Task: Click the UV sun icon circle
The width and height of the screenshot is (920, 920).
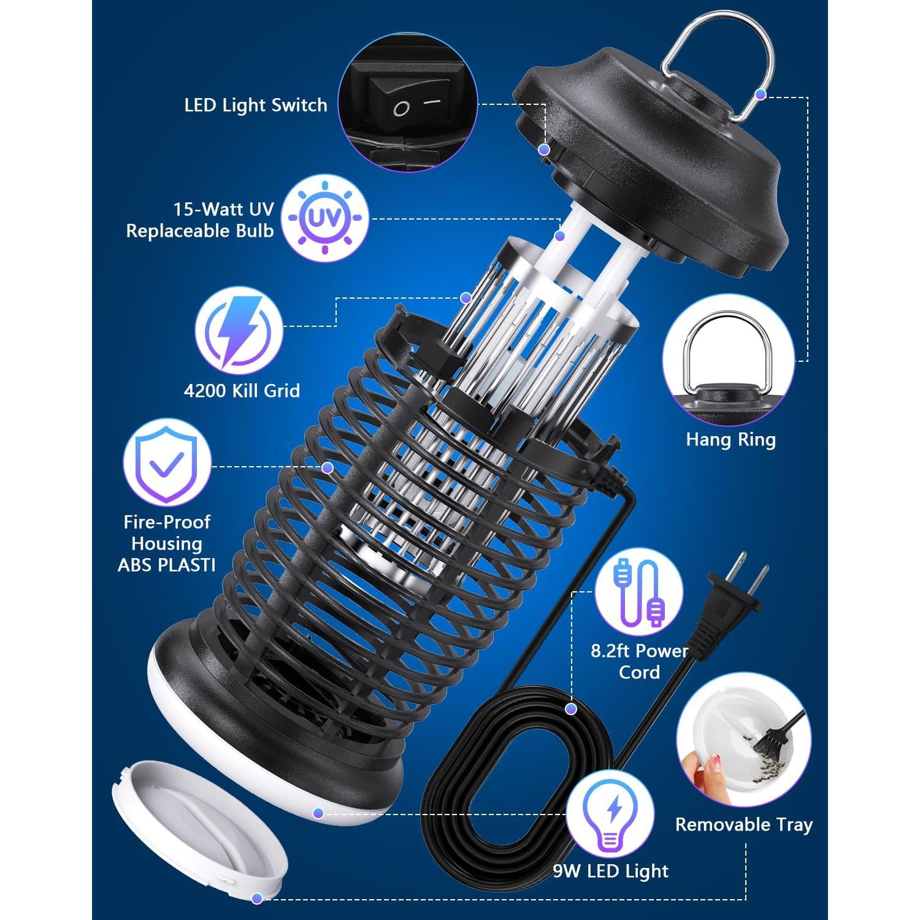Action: click(325, 218)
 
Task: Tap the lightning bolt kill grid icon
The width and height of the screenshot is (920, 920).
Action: click(239, 331)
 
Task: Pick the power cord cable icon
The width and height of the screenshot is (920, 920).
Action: click(639, 591)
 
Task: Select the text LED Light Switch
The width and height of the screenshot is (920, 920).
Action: click(256, 105)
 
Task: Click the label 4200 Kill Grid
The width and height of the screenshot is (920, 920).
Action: click(242, 391)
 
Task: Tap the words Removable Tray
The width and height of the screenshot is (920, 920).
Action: click(743, 824)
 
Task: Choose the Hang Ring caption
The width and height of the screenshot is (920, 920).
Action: click(730, 439)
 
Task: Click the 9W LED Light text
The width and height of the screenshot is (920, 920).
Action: click(610, 871)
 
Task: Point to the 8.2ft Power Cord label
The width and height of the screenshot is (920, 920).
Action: click(639, 661)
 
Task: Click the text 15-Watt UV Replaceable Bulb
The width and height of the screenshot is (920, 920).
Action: click(200, 220)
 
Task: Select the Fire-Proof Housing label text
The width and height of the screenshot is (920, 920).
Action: click(166, 543)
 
